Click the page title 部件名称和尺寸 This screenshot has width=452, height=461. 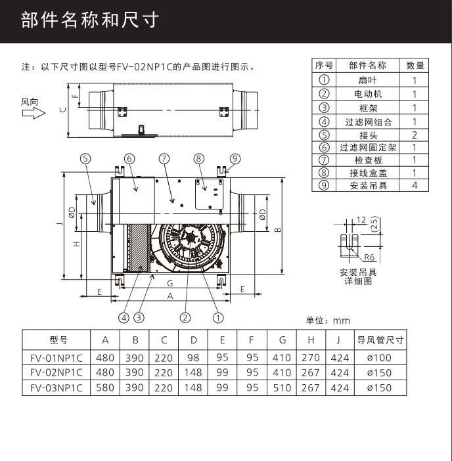pos(90,20)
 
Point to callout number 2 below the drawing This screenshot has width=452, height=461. pos(185,317)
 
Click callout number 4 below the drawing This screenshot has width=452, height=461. pos(124,317)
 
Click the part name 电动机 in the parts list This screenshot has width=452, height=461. pos(367,94)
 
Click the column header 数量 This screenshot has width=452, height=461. pos(415,66)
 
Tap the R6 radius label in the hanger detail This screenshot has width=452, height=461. pos(369,258)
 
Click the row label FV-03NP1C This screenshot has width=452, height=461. pos(56,387)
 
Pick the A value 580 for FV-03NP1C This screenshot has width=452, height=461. pos(105,387)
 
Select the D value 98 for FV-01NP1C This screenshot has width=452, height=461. pos(194,359)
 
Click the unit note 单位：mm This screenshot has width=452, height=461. pos(328,320)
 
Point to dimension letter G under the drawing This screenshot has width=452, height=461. pos(170,284)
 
